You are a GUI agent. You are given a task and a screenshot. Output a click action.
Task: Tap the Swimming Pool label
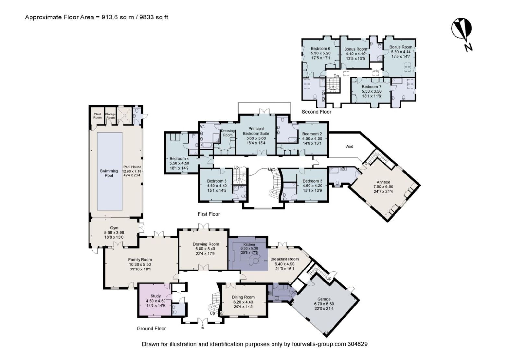pyautogui.click(x=109, y=173)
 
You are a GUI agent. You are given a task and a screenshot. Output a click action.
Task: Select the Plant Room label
pyautogui.click(x=97, y=115)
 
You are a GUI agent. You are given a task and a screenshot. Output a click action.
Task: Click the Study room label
pyautogui.click(x=156, y=296)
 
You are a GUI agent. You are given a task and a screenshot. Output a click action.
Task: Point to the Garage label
pyautogui.click(x=324, y=299)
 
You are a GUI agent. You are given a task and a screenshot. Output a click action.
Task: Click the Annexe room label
pyautogui.click(x=383, y=182)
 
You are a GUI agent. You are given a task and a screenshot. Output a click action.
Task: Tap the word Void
pyautogui.click(x=349, y=146)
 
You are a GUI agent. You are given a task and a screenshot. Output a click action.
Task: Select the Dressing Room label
pyautogui.click(x=228, y=133)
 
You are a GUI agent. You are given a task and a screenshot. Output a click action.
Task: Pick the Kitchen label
pyautogui.click(x=249, y=244)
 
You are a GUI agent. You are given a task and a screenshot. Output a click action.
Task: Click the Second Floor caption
pyautogui.click(x=316, y=112)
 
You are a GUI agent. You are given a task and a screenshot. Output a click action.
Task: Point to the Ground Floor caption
pyautogui.click(x=151, y=328)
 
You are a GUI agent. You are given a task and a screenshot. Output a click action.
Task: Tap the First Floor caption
pyautogui.click(x=209, y=214)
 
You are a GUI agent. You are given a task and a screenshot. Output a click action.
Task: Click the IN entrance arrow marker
pyautogui.click(x=203, y=326)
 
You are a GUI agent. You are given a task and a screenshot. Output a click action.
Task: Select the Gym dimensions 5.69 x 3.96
pyautogui.click(x=114, y=232)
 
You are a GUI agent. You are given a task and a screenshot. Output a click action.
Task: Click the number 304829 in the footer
pyautogui.click(x=358, y=344)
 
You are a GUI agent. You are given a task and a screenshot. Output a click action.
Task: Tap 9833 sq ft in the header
pyautogui.click(x=154, y=17)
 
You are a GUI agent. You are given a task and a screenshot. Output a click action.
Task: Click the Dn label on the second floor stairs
pyautogui.click(x=336, y=76)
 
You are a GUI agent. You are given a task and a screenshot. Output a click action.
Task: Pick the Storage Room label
pyautogui.click(x=110, y=116)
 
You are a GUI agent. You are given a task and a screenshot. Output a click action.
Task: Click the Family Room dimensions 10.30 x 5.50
pyautogui.click(x=140, y=264)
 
